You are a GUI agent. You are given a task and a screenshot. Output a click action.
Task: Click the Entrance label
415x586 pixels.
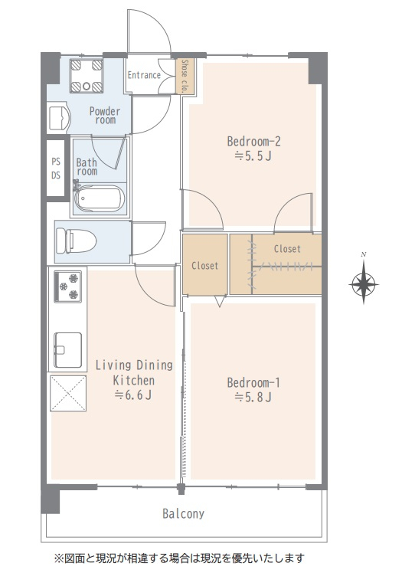pyautogui.click(x=144, y=75)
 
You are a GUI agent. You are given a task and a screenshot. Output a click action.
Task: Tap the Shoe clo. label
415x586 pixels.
pyautogui.click(x=185, y=76)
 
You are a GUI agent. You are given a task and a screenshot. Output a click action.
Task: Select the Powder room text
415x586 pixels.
pyautogui.click(x=105, y=116)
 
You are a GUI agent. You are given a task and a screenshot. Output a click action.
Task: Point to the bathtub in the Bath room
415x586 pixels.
pyautogui.click(x=99, y=198)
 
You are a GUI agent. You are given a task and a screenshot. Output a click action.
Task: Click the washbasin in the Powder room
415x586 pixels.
pyautogui.click(x=59, y=118)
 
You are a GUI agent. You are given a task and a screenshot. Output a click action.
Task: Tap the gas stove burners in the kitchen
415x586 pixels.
pyautogui.click(x=68, y=286)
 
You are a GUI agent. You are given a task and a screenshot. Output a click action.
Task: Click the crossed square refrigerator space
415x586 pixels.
pyautogui.click(x=68, y=394)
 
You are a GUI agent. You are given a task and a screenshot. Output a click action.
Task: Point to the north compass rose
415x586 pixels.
pyautogui.click(x=364, y=283)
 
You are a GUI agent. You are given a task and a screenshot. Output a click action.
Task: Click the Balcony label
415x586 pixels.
pyautogui.click(x=184, y=513)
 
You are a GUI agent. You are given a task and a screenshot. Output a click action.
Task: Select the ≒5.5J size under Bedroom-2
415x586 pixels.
pyautogui.click(x=253, y=156)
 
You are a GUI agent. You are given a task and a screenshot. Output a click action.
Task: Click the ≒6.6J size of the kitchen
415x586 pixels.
pyautogui.click(x=133, y=395)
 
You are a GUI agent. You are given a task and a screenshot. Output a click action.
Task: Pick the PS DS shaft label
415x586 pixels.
pyautogui.click(x=56, y=169)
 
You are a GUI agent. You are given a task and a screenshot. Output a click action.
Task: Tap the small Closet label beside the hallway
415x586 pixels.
pyautogui.click(x=204, y=266)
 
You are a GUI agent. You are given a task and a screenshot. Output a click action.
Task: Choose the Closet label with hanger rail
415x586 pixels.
pyautogui.click(x=287, y=249)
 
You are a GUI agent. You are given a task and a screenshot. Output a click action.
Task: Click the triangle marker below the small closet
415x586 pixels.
pyautogui.click(x=220, y=301)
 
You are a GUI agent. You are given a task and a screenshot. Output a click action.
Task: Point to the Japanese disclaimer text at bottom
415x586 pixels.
pyautogui.click(x=179, y=558)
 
